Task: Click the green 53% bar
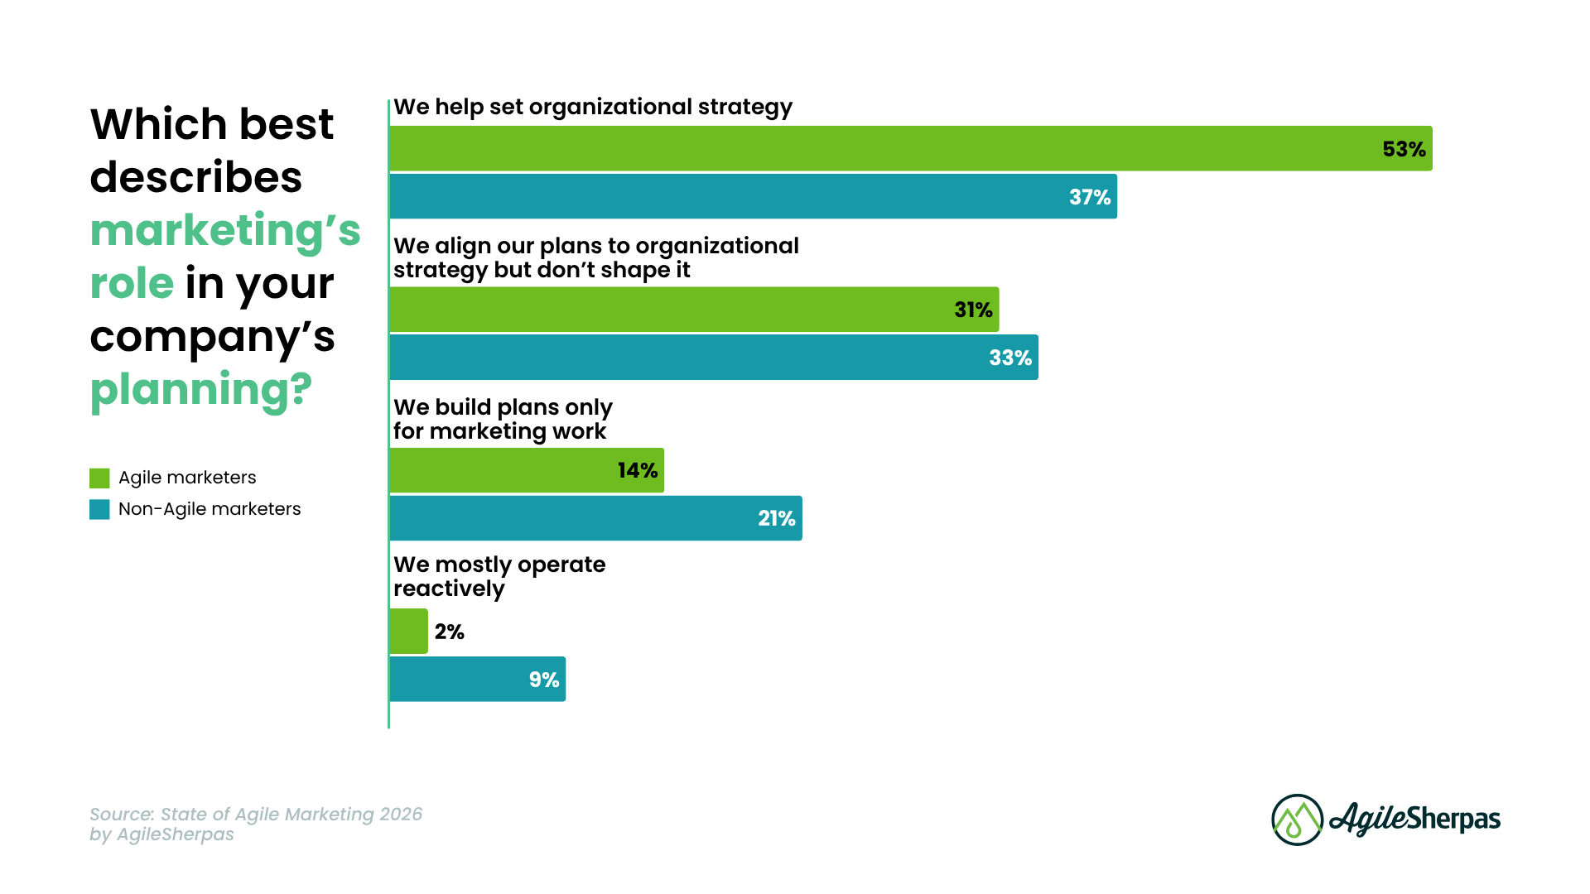coord(911,149)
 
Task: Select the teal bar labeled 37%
coord(754,197)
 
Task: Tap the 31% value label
coord(973,310)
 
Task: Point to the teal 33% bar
coord(712,358)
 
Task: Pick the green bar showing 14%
coord(527,470)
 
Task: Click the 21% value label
coord(776,518)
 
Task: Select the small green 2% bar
coord(409,632)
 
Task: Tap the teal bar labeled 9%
coord(477,680)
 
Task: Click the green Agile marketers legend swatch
coord(99,478)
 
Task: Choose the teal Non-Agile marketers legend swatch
coord(99,510)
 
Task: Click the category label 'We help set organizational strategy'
coord(593,107)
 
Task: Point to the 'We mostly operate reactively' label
coord(499,576)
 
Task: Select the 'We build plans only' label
coord(503,407)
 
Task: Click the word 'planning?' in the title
coord(200,389)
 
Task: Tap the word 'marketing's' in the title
coord(225,230)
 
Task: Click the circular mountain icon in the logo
coord(1297,819)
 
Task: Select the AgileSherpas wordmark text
coord(1414,819)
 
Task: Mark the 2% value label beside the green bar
coord(449,632)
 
